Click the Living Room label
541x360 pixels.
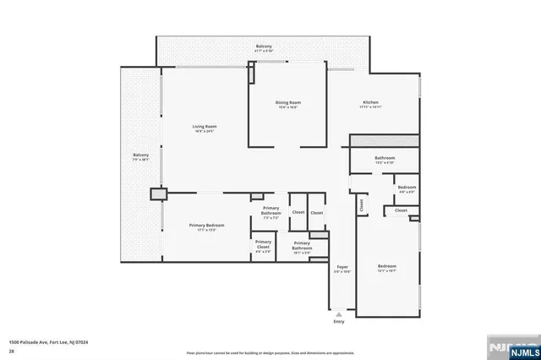tap(205, 127)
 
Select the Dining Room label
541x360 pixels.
tap(288, 103)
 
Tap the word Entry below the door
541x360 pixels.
tap(339, 321)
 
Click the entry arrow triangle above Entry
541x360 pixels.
tap(339, 313)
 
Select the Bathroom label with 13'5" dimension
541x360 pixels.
tap(385, 158)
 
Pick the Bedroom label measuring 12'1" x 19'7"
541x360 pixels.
tap(386, 266)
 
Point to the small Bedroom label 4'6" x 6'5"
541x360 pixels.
tap(407, 187)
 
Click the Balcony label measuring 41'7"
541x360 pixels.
tap(264, 46)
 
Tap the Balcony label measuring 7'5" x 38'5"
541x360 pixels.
tap(140, 155)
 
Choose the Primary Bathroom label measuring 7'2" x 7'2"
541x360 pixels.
tap(270, 210)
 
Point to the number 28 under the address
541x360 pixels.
tap(12, 350)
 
